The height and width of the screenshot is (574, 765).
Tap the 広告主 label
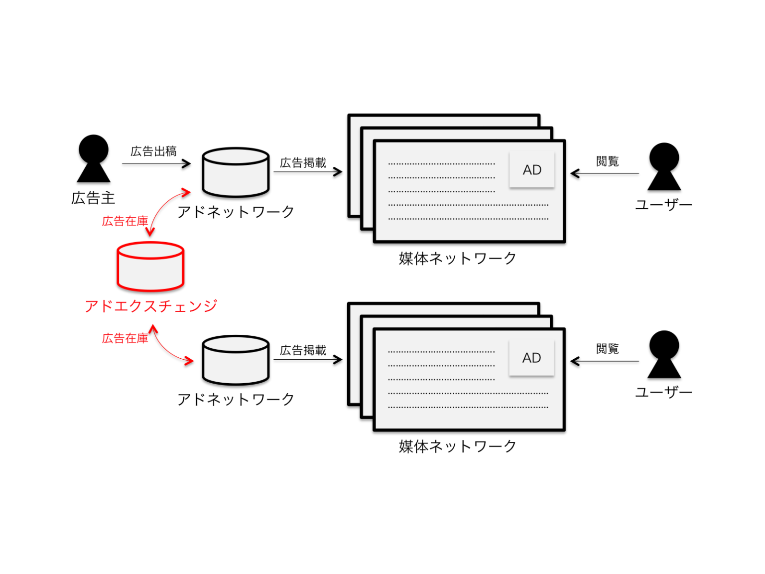(x=93, y=198)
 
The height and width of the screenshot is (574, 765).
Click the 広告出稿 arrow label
(x=153, y=151)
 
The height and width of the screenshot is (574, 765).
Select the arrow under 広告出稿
(x=156, y=163)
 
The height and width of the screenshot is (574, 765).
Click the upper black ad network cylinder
(x=236, y=172)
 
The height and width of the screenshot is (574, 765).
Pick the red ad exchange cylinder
(x=150, y=266)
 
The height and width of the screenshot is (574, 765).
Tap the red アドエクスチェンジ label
(x=151, y=306)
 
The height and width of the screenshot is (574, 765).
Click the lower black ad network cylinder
(x=236, y=360)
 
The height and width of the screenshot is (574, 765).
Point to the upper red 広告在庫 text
(x=125, y=221)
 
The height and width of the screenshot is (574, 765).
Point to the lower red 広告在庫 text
(x=125, y=339)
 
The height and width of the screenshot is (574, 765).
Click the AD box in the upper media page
(x=531, y=170)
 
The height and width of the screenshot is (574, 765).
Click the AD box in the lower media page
(x=531, y=358)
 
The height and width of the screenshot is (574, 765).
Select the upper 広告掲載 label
(x=303, y=163)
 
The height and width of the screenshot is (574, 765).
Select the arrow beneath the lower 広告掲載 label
(x=308, y=360)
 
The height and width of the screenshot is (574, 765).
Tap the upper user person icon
(x=664, y=166)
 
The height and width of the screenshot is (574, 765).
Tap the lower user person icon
(x=664, y=354)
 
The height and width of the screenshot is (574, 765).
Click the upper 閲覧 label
(x=607, y=161)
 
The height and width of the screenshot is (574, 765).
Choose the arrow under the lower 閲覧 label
(x=605, y=361)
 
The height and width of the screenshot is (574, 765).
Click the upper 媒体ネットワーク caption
(x=457, y=259)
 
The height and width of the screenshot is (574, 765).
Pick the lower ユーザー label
(x=663, y=393)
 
